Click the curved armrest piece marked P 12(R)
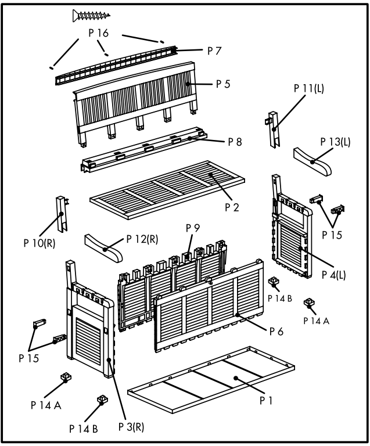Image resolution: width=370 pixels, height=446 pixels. pos(104,246)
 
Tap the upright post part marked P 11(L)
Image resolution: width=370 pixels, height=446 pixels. pos(275,127)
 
